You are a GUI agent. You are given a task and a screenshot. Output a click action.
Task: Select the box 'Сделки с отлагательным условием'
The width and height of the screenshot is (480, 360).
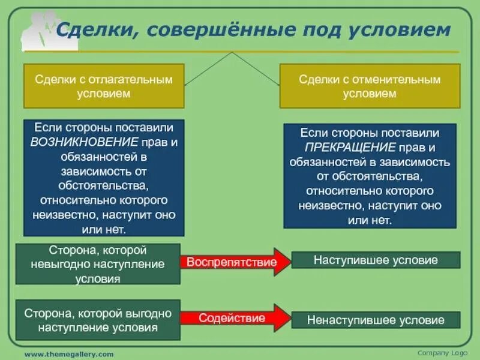pyautogui.click(x=103, y=86)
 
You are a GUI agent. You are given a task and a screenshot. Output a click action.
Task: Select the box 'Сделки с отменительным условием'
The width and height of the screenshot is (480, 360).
pyautogui.click(x=370, y=86)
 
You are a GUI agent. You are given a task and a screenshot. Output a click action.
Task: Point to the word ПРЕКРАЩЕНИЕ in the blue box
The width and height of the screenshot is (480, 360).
pyautogui.click(x=350, y=147)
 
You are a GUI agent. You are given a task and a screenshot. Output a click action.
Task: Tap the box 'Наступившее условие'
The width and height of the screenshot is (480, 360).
pyautogui.click(x=376, y=260)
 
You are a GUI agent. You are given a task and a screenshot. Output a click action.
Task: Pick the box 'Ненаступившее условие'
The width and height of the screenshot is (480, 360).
pyautogui.click(x=376, y=320)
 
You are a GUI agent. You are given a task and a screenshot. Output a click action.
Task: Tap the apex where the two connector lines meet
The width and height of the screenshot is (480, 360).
pyautogui.click(x=232, y=52)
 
